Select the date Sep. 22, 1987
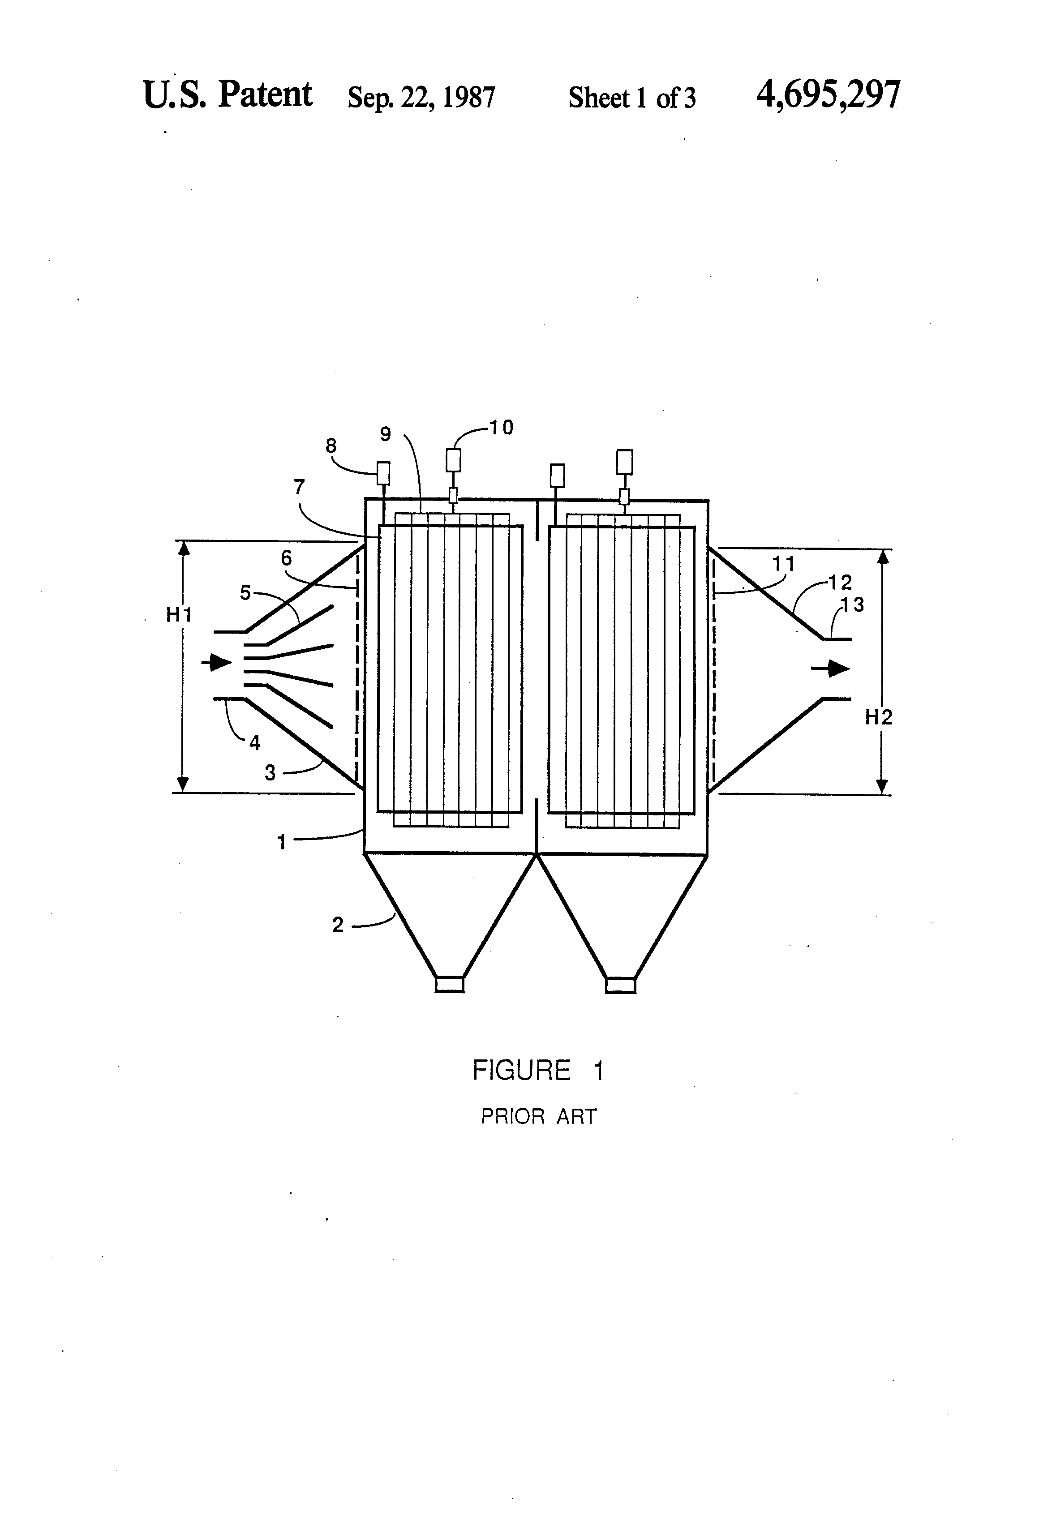421,97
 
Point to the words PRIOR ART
538,1116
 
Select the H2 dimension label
878,717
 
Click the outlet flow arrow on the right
830,669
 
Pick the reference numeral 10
500,428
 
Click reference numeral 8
331,446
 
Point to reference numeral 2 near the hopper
338,925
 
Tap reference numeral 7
300,487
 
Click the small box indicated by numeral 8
382,473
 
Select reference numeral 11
784,563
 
